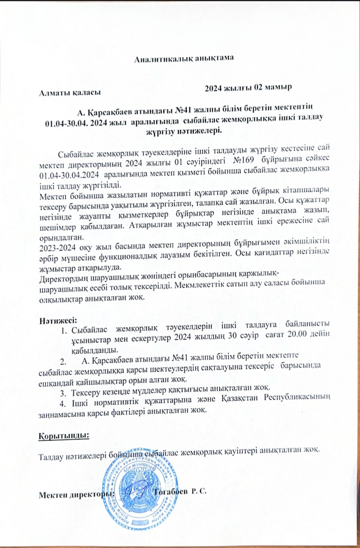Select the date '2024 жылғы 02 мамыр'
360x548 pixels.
click(x=248, y=88)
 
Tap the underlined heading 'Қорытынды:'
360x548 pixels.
click(x=64, y=436)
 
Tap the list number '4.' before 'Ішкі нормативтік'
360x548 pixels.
click(x=63, y=401)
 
